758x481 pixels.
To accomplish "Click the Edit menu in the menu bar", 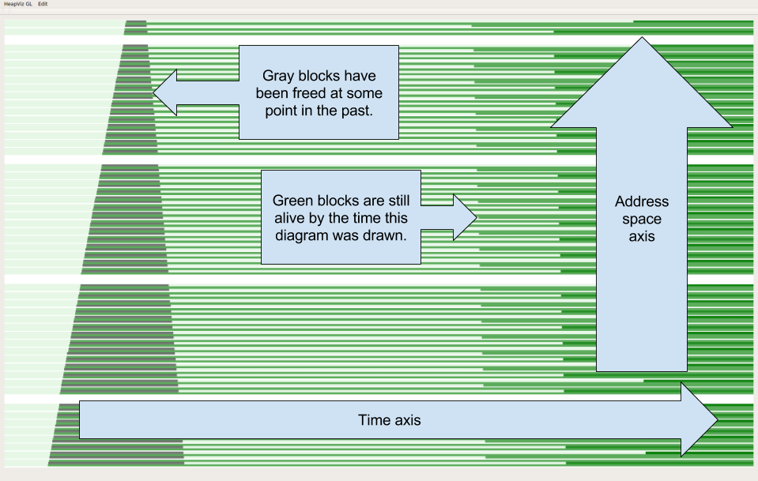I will click(x=43, y=4).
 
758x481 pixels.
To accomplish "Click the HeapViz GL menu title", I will click(x=17, y=4).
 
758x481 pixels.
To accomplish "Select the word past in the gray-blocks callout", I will click(x=356, y=111).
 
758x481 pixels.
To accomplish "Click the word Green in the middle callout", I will click(x=292, y=201).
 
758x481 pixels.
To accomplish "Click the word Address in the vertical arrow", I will click(x=641, y=201).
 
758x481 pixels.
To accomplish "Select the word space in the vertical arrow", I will click(x=641, y=219).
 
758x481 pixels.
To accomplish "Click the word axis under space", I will click(x=641, y=236).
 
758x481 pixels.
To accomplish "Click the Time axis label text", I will click(x=390, y=420).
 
